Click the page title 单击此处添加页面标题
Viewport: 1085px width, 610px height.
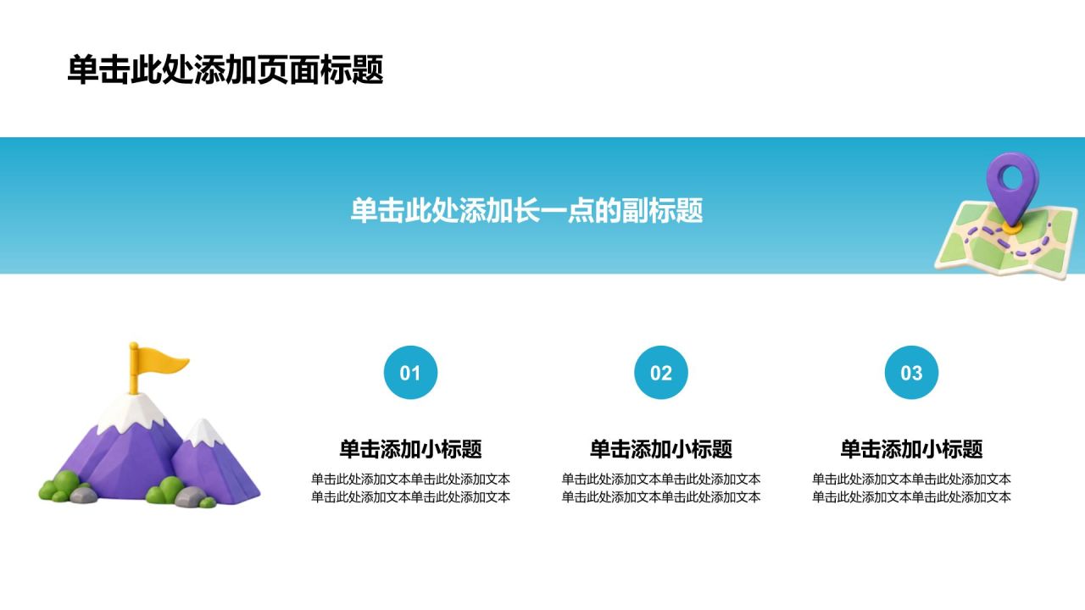pyautogui.click(x=225, y=69)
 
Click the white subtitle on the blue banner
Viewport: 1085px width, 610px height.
pyautogui.click(x=526, y=210)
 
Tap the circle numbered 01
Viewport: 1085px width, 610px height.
pyautogui.click(x=410, y=372)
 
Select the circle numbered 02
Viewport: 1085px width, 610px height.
pyautogui.click(x=660, y=372)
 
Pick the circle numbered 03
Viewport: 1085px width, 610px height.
pyautogui.click(x=911, y=372)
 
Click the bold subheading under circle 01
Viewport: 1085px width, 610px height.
pyautogui.click(x=410, y=449)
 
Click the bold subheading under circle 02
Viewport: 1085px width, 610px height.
pyautogui.click(x=660, y=449)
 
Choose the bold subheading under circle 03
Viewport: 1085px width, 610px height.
pyautogui.click(x=911, y=449)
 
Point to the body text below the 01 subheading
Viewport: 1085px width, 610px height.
pyautogui.click(x=410, y=488)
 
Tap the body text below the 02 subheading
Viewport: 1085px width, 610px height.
pyautogui.click(x=660, y=488)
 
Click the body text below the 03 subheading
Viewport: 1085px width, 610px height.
pyautogui.click(x=911, y=488)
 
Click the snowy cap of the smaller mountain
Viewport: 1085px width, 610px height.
pyautogui.click(x=203, y=432)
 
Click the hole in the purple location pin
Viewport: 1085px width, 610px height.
pyautogui.click(x=1012, y=178)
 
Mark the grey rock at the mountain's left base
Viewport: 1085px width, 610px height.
pyautogui.click(x=83, y=494)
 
